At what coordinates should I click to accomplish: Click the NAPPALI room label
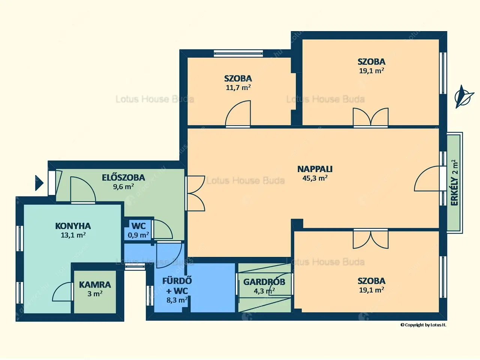click(x=315, y=169)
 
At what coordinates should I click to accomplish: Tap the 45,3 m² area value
click(x=315, y=178)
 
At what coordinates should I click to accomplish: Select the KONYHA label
click(x=73, y=226)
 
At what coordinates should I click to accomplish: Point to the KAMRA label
click(x=95, y=285)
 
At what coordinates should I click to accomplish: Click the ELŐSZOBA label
click(x=123, y=177)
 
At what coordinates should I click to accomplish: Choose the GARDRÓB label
click(x=264, y=282)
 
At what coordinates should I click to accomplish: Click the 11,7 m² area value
click(x=238, y=88)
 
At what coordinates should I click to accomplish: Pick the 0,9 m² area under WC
click(x=138, y=235)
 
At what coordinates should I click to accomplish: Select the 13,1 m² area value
click(x=73, y=235)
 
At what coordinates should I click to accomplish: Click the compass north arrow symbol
click(x=463, y=97)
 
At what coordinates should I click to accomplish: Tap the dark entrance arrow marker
click(x=39, y=183)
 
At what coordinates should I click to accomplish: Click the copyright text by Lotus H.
click(x=423, y=325)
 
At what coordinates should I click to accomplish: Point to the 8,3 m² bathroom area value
click(x=177, y=300)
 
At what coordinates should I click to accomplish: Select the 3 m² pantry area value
click(x=95, y=294)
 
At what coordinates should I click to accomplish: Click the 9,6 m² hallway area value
click(x=123, y=187)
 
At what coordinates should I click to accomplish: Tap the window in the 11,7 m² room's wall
click(x=238, y=53)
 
